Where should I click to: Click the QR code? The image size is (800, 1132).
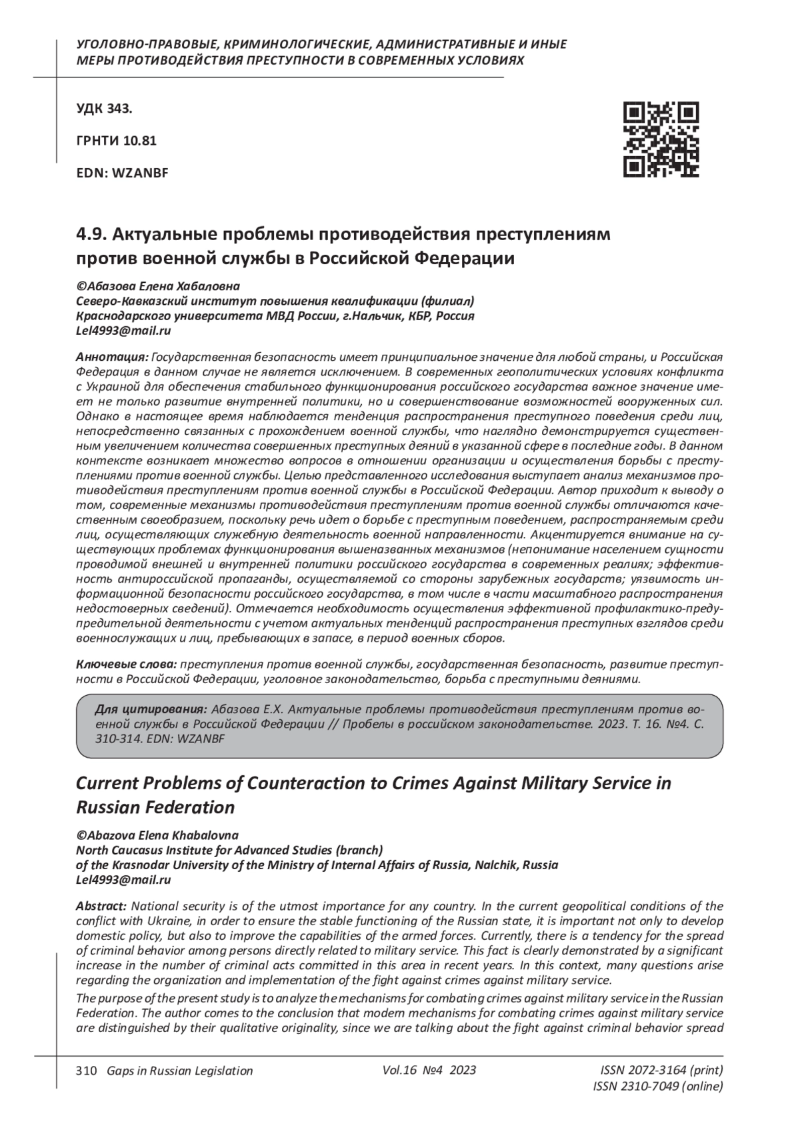tap(661, 139)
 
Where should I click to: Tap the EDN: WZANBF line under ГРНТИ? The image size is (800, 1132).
tap(122, 173)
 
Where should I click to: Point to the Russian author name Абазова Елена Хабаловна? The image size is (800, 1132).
tap(158, 286)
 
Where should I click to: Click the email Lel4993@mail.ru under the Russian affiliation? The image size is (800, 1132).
tap(123, 330)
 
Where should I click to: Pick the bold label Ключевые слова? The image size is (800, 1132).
tap(127, 665)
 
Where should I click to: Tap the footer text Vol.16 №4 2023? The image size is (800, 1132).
tap(429, 1070)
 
